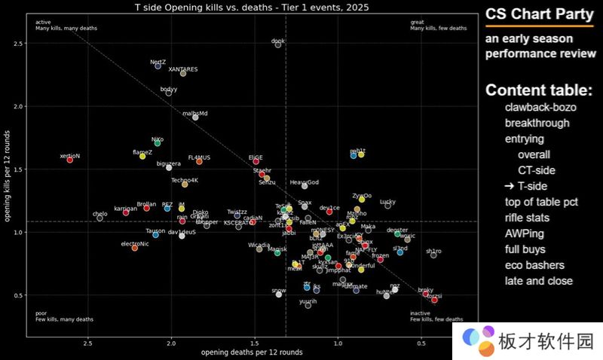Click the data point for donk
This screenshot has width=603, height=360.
[x=278, y=45]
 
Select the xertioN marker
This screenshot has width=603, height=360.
[x=69, y=160]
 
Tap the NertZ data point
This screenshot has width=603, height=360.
[x=158, y=66]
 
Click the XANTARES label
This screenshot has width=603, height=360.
[x=183, y=69]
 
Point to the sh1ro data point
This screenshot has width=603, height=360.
[x=433, y=255]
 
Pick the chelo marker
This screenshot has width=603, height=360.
[x=99, y=218]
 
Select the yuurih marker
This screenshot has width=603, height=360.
[x=308, y=305]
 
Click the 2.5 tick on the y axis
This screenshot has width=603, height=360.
[x=20, y=43]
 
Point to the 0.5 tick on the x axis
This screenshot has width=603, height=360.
[x=421, y=344]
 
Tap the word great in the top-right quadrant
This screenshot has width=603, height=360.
[x=417, y=22]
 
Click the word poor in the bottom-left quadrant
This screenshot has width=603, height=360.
[x=41, y=313]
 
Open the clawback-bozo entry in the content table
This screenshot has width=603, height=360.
[x=540, y=107]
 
